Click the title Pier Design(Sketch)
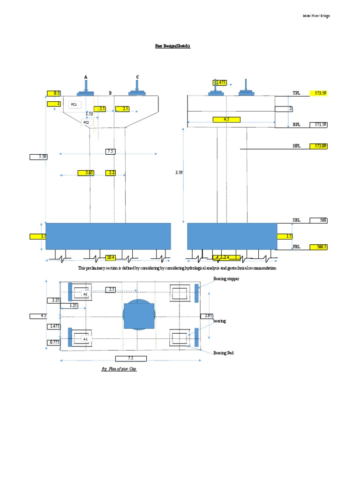[172, 46]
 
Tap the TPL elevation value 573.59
[319, 93]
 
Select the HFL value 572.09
[319, 146]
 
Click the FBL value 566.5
[319, 246]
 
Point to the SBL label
[296, 220]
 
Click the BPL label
[296, 125]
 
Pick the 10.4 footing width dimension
[111, 257]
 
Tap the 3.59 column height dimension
[179, 172]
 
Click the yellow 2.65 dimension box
[86, 173]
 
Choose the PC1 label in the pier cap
[74, 105]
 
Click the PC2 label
[86, 122]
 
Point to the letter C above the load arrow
[137, 77]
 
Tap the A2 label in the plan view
[85, 294]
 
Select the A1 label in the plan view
[85, 338]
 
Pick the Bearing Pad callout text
[223, 352]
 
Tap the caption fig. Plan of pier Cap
[119, 369]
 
